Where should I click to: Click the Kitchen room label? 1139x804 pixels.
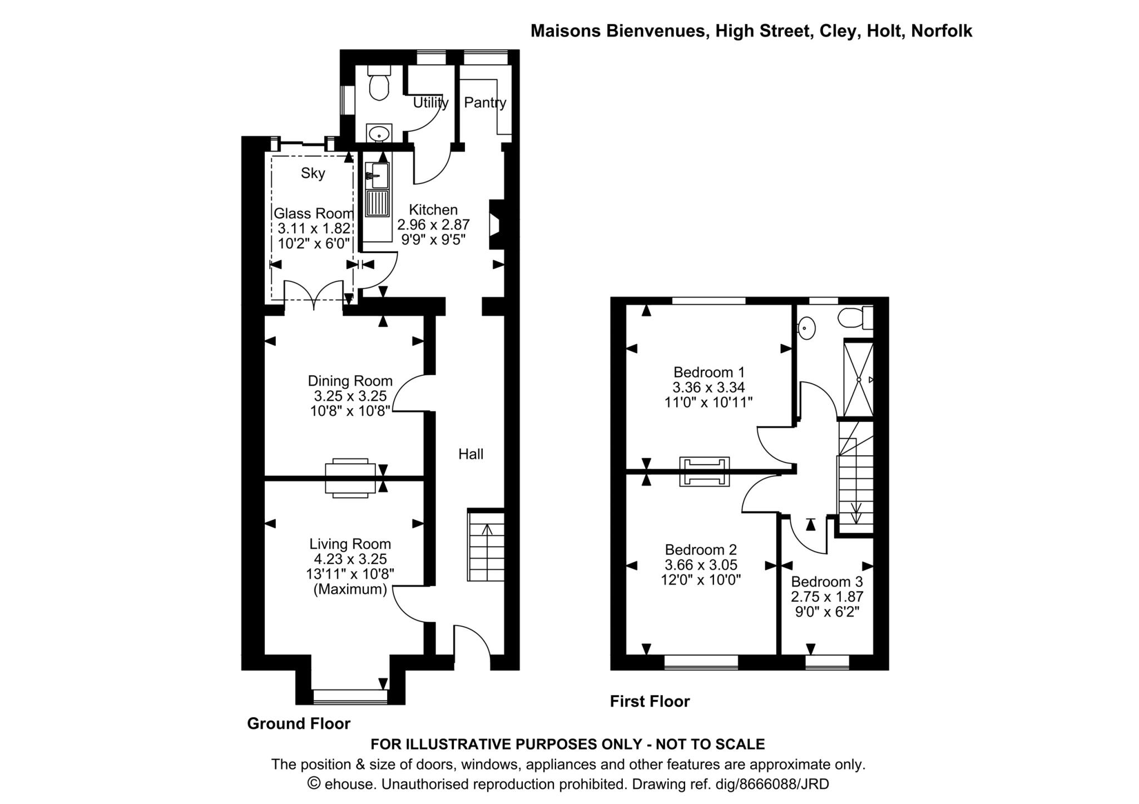pos(433,210)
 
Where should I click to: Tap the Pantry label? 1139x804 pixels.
pos(485,102)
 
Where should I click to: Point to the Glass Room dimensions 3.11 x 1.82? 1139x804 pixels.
pos(314,228)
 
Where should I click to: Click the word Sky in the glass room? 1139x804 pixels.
pos(313,173)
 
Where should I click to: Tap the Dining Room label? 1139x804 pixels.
pos(350,381)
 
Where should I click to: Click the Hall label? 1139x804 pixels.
pos(471,454)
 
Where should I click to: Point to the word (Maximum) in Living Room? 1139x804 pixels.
pos(350,589)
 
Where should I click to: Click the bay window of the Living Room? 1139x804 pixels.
pos(350,696)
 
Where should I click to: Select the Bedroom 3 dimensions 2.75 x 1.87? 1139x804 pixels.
pos(827,597)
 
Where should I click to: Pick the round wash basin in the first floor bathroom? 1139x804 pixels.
pos(806,328)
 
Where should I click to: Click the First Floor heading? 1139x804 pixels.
pos(650,702)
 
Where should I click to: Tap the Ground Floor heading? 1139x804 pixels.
pos(299,723)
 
